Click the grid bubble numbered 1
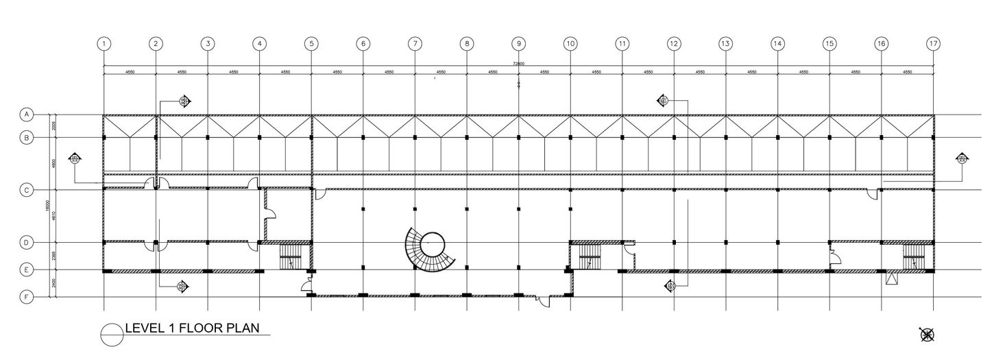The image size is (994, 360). [104, 43]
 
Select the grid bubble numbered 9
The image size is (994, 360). [518, 43]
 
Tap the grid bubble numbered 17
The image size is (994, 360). [933, 43]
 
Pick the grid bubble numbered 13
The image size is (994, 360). [725, 43]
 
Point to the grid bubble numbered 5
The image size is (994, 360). [311, 43]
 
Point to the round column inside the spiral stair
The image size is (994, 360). [433, 243]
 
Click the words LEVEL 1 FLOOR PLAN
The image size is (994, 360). [192, 328]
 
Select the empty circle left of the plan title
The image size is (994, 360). [111, 335]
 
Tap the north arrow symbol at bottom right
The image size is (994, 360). [928, 335]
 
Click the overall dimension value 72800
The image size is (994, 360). [518, 63]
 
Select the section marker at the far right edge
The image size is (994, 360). [962, 159]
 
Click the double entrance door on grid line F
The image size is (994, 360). [543, 299]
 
